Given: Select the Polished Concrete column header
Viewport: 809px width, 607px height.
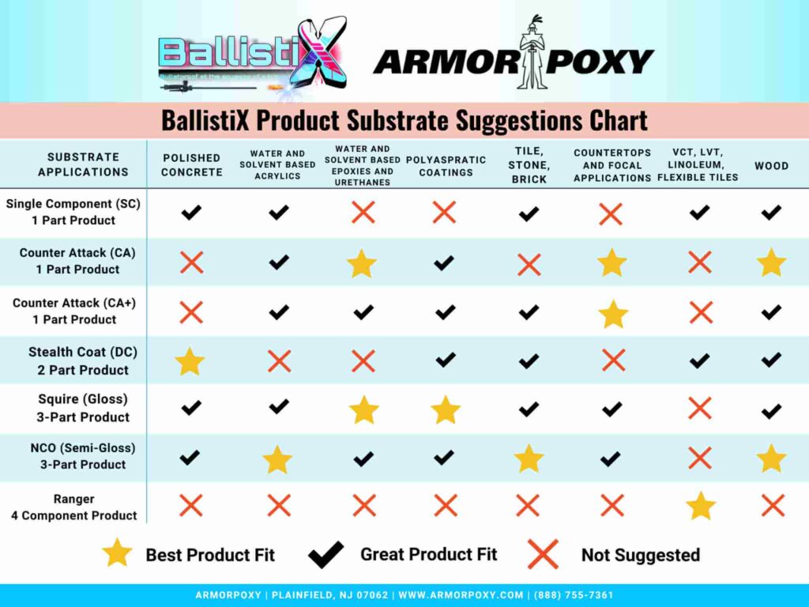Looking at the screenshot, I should pos(192,165).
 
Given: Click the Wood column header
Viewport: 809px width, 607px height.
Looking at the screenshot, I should pos(771,166).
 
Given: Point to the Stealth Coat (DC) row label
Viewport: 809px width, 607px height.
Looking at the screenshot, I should pos(78,361).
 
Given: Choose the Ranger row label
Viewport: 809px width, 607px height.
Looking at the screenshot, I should pos(74,507).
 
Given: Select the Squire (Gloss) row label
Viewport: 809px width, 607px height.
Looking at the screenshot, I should pos(83,408).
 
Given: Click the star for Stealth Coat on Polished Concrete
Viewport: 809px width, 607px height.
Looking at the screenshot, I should pos(190,361).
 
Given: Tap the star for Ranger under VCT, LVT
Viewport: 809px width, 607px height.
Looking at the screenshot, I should pos(701,506).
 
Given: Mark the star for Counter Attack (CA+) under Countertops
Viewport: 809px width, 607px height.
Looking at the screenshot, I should pos(613,314).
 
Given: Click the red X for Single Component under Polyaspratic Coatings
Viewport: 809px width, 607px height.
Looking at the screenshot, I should pos(444,212).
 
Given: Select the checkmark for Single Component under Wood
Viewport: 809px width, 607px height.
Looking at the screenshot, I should pos(771,212).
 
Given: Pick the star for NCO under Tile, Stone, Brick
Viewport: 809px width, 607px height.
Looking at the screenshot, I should pos(529,458).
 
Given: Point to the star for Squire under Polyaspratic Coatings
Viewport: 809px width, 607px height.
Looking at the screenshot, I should pos(446,409).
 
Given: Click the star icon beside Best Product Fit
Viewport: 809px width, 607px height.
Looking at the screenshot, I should pos(117,553).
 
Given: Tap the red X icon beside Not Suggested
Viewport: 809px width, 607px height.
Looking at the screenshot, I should pos(543,554).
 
